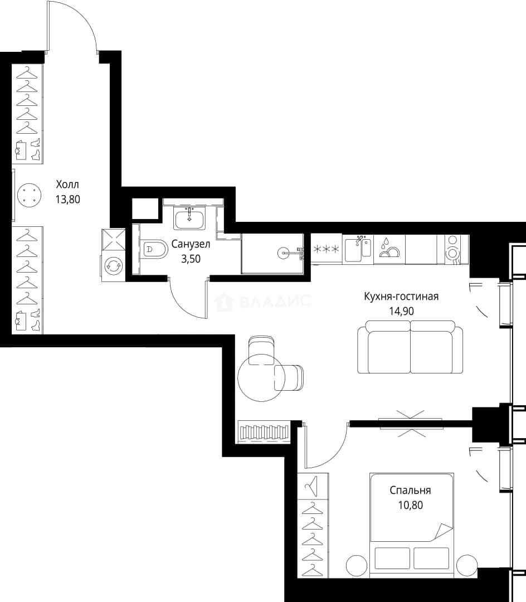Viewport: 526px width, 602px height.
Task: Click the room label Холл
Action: tap(67, 185)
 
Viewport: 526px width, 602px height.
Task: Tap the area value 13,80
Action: tap(67, 200)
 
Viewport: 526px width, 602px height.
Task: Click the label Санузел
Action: tap(191, 244)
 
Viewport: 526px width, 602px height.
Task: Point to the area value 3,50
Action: tap(191, 259)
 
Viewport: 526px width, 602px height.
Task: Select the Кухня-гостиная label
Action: tap(401, 297)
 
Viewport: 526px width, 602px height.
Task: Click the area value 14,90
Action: tap(401, 311)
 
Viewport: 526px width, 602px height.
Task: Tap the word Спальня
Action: tap(410, 491)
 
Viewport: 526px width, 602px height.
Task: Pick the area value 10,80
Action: tap(410, 505)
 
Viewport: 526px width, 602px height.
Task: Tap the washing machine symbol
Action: tap(113, 266)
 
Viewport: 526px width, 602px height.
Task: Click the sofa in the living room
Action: tap(410, 347)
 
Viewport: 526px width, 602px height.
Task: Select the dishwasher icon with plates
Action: tap(389, 249)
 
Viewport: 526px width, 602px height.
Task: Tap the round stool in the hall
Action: tap(29, 195)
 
